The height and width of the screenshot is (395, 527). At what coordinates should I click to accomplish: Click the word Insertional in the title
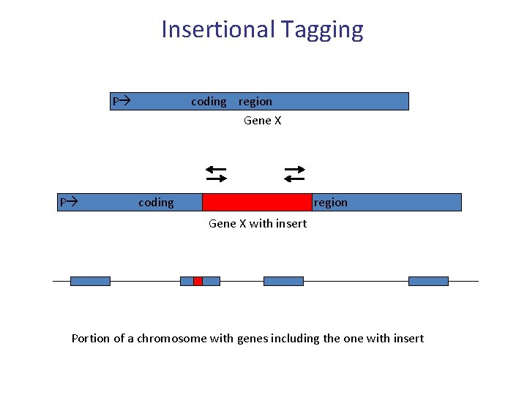pos(214,29)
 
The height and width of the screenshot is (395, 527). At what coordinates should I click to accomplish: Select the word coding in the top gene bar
pos(209,102)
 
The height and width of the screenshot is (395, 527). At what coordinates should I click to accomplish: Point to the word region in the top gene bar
pos(255,102)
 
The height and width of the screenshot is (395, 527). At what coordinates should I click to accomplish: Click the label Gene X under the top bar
pos(262,121)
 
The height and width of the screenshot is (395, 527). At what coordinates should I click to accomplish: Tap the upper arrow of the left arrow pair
pos(216,169)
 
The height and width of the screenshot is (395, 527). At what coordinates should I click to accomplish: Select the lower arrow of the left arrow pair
pos(216,178)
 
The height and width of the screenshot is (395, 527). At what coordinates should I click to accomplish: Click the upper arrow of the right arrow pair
pos(294,169)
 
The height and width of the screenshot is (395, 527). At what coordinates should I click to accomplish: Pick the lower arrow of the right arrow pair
pos(294,178)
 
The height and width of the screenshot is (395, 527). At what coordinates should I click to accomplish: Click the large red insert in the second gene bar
pos(257,202)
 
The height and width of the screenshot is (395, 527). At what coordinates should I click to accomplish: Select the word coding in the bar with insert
pos(156,203)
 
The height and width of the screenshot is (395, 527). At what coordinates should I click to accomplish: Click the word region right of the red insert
pos(331,203)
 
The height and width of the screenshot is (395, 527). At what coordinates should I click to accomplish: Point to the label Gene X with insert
pos(258,223)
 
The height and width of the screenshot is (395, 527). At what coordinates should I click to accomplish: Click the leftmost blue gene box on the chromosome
pos(90,281)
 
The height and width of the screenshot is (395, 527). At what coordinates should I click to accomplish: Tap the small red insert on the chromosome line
pos(198,281)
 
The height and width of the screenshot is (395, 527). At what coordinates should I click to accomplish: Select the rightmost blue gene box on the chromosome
pos(428,281)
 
